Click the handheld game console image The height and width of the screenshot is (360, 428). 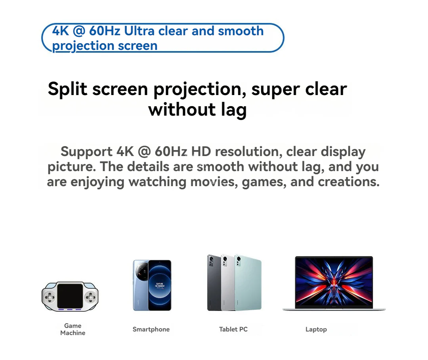click(70, 297)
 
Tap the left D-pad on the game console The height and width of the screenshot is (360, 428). click(50, 297)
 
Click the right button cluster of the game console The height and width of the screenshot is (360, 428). click(91, 297)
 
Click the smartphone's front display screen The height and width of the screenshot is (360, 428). click(160, 285)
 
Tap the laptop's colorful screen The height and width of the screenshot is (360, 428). click(334, 281)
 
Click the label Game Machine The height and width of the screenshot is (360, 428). click(73, 329)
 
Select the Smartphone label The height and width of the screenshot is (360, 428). click(151, 329)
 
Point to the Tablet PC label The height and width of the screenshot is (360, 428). click(233, 329)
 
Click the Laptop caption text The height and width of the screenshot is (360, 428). click(316, 329)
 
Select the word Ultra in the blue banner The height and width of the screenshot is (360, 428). click(140, 31)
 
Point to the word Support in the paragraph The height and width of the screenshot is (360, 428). click(87, 151)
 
